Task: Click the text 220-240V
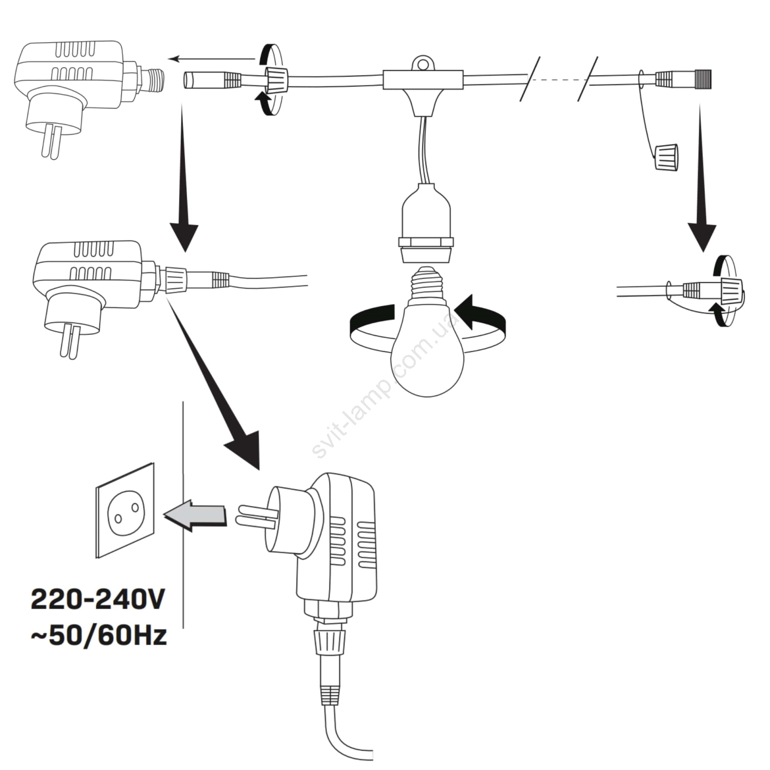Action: pyautogui.click(x=98, y=600)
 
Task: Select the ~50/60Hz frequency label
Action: pyautogui.click(x=99, y=635)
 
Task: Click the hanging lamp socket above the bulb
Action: pyautogui.click(x=427, y=221)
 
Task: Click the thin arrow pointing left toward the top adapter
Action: pyautogui.click(x=212, y=59)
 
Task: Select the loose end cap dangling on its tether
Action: pyautogui.click(x=666, y=156)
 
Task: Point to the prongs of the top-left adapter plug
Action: pyautogui.click(x=51, y=142)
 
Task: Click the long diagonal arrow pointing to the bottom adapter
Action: pyautogui.click(x=217, y=385)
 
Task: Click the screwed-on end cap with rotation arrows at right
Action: pyautogui.click(x=731, y=291)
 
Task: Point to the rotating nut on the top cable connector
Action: pyautogui.click(x=277, y=78)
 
